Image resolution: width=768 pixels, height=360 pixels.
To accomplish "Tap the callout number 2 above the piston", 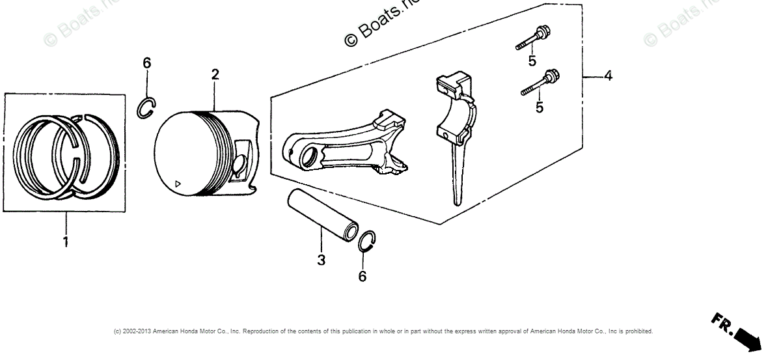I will (x=215, y=75).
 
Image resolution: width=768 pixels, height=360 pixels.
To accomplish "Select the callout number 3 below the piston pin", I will (x=322, y=260).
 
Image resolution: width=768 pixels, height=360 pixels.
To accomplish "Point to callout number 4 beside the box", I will (x=608, y=76).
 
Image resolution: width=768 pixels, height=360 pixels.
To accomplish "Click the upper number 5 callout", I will (x=532, y=61).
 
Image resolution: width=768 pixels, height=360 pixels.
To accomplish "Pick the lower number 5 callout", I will (x=540, y=107).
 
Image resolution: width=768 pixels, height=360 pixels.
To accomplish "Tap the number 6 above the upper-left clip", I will (x=147, y=62).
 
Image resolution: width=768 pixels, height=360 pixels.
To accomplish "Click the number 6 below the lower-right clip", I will (x=363, y=277).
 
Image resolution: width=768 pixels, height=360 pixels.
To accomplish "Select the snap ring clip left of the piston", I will (x=146, y=107).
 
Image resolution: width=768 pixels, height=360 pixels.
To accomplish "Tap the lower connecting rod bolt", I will (x=540, y=83).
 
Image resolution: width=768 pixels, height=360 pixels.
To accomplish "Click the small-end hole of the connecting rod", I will (x=309, y=156).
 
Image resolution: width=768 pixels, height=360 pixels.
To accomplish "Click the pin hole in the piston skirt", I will (x=239, y=165).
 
